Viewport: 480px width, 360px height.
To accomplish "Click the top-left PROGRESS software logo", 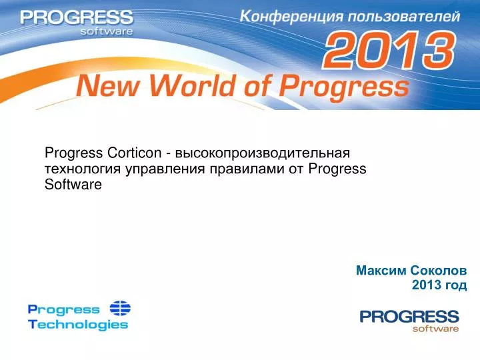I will click(76, 21).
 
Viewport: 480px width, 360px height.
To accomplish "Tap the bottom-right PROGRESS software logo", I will click(409, 320).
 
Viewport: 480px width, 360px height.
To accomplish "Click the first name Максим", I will click(381, 271).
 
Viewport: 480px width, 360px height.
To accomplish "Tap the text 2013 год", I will click(439, 285).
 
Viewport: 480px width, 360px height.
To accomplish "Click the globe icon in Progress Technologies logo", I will click(120, 309).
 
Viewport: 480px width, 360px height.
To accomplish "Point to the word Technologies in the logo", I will click(78, 325).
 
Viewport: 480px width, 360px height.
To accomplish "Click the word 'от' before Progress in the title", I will click(297, 169).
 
